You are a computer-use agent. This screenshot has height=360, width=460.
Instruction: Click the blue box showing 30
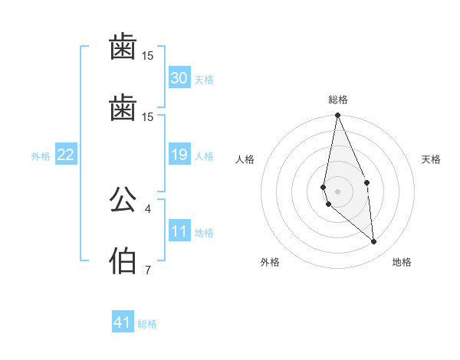(179, 78)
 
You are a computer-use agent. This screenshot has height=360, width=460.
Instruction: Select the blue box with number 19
(179, 155)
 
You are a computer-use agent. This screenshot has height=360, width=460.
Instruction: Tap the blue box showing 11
(179, 232)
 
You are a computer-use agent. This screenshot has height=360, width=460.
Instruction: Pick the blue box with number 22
(65, 155)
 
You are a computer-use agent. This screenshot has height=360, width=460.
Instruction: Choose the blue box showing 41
(123, 323)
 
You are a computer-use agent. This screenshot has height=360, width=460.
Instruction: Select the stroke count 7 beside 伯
(148, 270)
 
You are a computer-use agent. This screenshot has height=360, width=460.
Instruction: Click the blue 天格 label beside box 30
(204, 80)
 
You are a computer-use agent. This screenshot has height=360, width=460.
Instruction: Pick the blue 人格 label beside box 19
(204, 156)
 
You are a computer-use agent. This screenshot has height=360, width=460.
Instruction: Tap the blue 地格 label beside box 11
(204, 233)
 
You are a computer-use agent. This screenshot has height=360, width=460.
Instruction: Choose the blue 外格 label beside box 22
(41, 156)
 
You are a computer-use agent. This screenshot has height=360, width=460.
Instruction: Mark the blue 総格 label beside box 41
(147, 324)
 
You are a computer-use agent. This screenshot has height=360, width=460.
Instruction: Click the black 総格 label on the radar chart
(338, 100)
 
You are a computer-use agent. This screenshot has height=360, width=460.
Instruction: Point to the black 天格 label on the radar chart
(432, 159)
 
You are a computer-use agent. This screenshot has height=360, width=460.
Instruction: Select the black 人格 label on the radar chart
(245, 159)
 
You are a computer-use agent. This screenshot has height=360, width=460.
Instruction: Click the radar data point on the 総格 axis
(337, 116)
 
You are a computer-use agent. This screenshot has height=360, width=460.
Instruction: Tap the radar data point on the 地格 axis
(374, 242)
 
